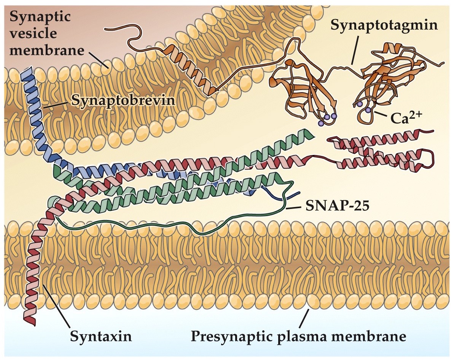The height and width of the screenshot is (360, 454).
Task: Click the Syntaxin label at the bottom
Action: point(100,336)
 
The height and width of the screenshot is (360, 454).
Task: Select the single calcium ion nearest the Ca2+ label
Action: point(368,110)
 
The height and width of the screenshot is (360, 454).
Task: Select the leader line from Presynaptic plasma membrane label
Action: point(303,319)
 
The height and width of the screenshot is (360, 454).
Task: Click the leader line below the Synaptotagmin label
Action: point(354,52)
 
